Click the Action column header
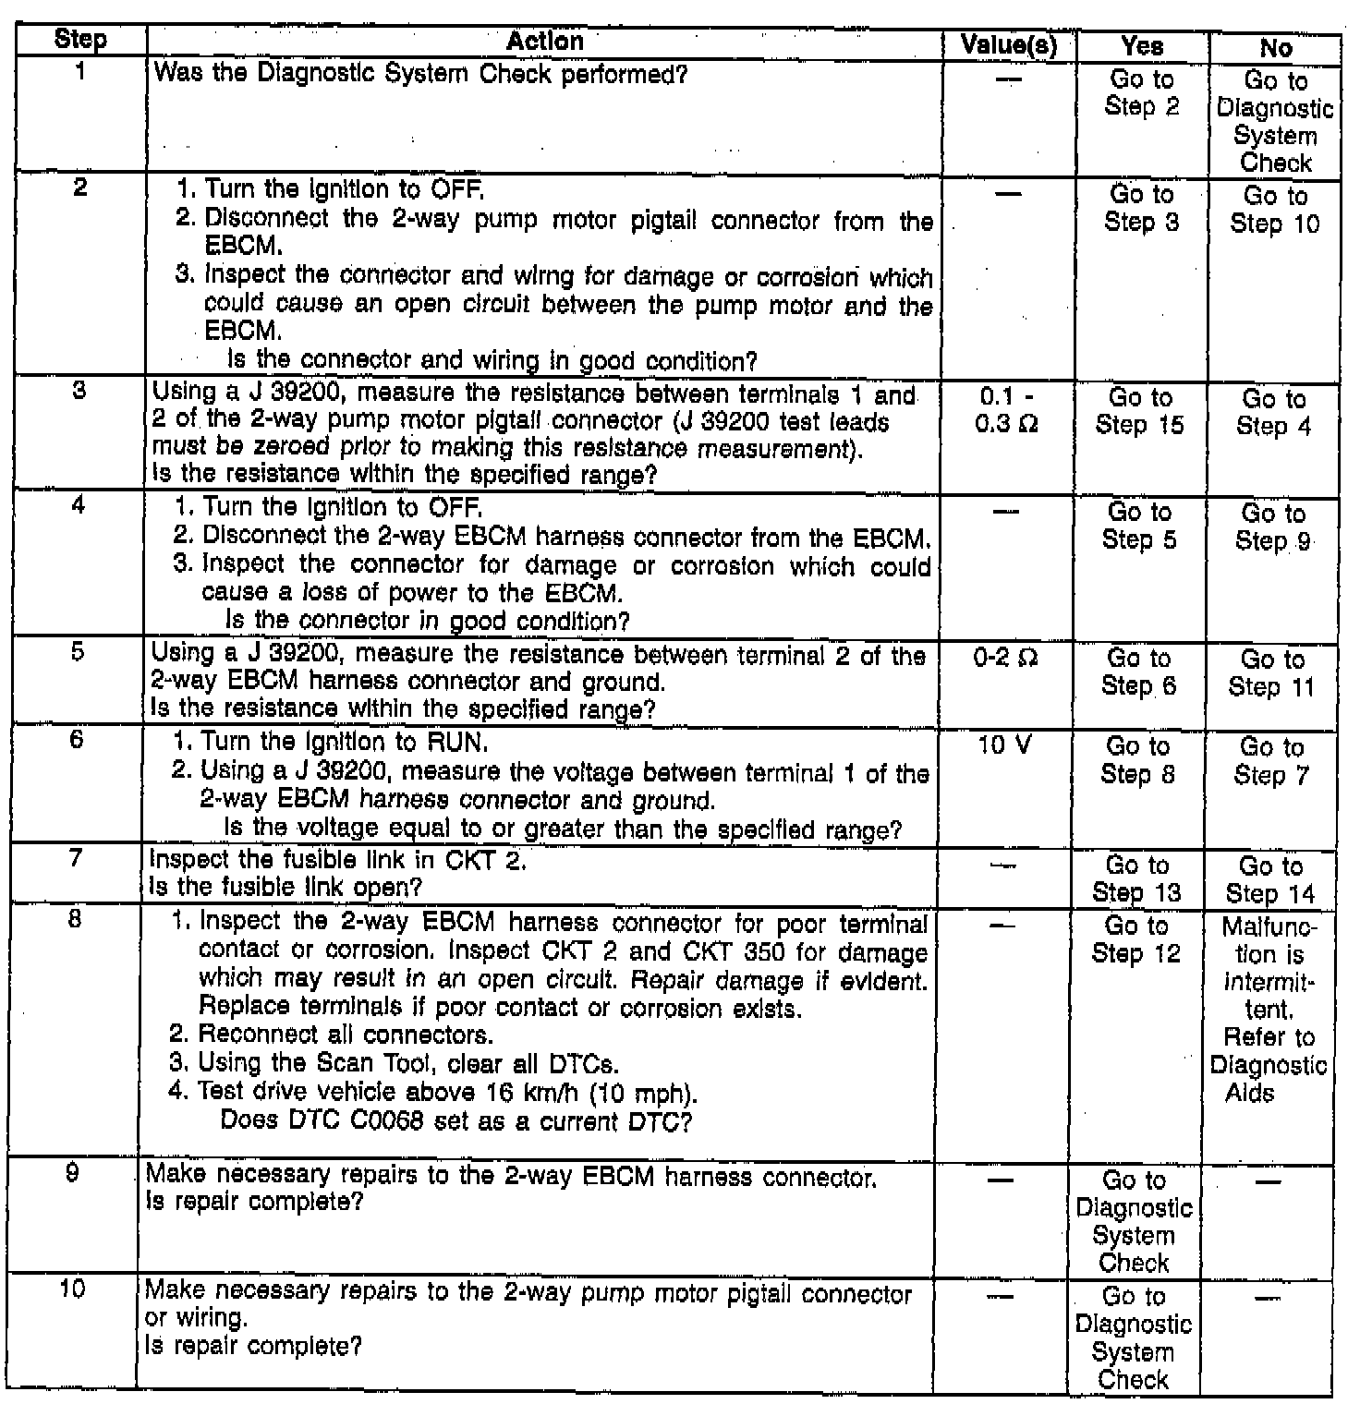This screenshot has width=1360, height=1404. pos(545,42)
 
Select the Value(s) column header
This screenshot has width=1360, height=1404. pos(1009,44)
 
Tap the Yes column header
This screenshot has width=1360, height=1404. pos(1142,45)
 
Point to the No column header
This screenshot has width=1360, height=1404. pos(1275,47)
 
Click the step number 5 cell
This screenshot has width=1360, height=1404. pos(78,652)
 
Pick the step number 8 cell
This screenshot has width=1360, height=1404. pos(76,920)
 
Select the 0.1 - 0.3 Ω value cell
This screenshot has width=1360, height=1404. pos(1008,411)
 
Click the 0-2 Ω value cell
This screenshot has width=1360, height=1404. pos(1006,659)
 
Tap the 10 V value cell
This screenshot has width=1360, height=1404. pos(1005,744)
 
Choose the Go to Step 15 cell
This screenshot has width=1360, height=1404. pos(1140,411)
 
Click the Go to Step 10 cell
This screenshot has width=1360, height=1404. pos(1275,210)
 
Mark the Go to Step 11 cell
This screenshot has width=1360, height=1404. pos(1271,673)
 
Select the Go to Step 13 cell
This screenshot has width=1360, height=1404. pos(1137,878)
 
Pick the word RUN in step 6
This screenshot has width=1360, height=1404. pos(456,742)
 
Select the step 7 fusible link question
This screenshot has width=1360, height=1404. pos(286,888)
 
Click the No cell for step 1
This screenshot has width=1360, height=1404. pos(1275,122)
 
